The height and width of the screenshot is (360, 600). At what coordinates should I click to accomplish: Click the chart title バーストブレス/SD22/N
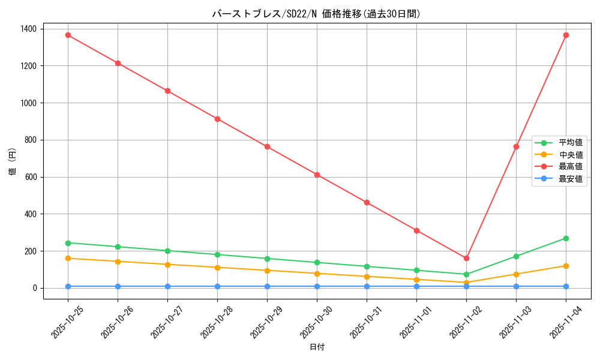tap(316, 14)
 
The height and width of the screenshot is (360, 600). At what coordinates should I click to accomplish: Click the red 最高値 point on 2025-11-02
tap(466, 258)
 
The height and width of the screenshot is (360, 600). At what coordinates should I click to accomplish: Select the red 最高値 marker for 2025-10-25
tap(68, 35)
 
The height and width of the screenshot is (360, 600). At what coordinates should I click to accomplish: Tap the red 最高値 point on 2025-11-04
tap(566, 35)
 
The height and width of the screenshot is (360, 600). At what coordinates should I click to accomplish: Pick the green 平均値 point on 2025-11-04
tap(566, 238)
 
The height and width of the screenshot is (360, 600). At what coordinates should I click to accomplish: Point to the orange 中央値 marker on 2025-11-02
tap(466, 283)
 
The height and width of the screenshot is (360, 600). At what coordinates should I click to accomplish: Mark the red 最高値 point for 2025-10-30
tap(317, 175)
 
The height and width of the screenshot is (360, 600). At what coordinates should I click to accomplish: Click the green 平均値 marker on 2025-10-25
tap(68, 243)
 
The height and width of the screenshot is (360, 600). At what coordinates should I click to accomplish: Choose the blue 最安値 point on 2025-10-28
tap(217, 286)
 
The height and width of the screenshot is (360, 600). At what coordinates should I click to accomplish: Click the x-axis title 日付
tap(317, 347)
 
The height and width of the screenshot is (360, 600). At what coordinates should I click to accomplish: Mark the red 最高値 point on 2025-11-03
tap(516, 146)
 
